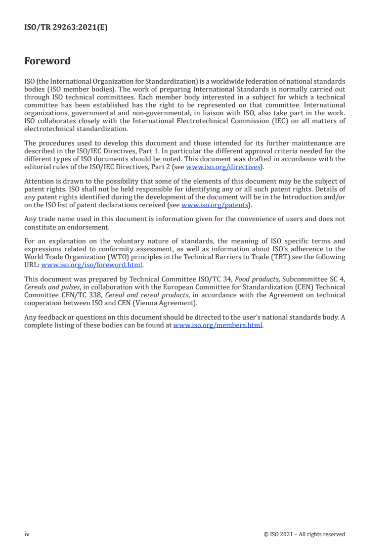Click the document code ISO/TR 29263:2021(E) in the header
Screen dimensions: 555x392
tap(66, 28)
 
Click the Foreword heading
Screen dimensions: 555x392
tap(47, 61)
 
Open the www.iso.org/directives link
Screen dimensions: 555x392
tap(223, 167)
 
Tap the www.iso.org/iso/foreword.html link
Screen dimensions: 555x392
tap(92, 264)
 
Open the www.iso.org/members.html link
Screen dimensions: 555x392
tap(218, 325)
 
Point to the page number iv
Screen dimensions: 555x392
tap(27, 534)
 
